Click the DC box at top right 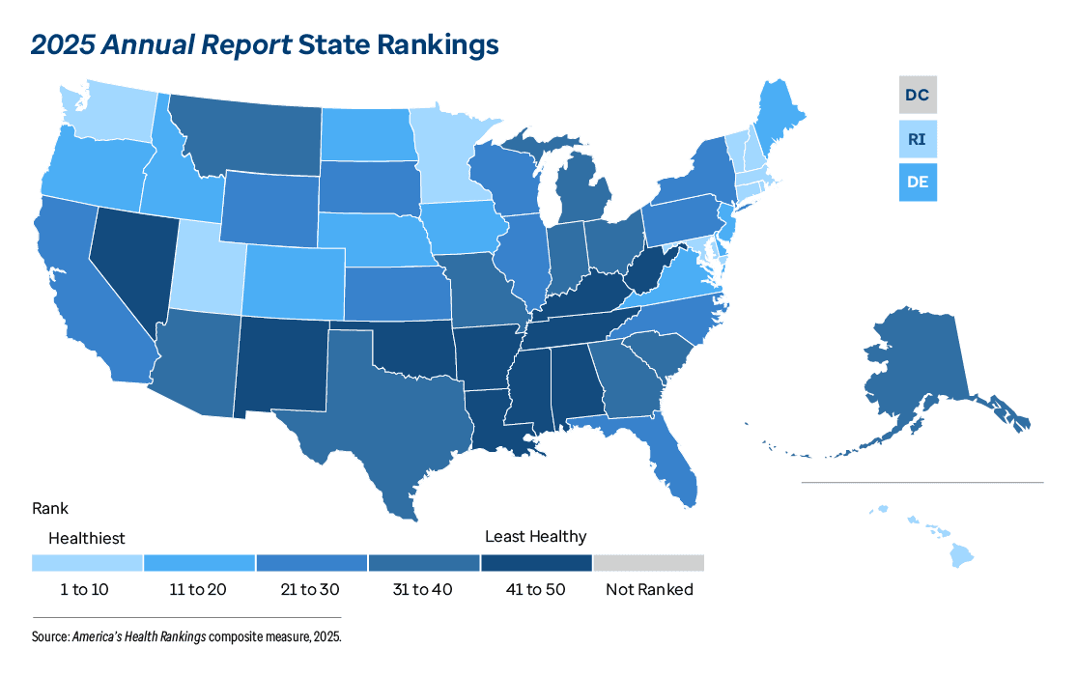[x=918, y=96]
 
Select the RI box [x=918, y=139]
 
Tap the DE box [x=918, y=181]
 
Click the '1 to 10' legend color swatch [x=87, y=563]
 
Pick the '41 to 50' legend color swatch [x=536, y=563]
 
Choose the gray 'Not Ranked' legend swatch [x=648, y=563]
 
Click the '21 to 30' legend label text [x=311, y=589]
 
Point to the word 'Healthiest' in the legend [x=87, y=538]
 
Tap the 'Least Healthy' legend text [x=535, y=536]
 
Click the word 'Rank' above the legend [x=49, y=508]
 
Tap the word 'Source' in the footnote [x=49, y=637]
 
